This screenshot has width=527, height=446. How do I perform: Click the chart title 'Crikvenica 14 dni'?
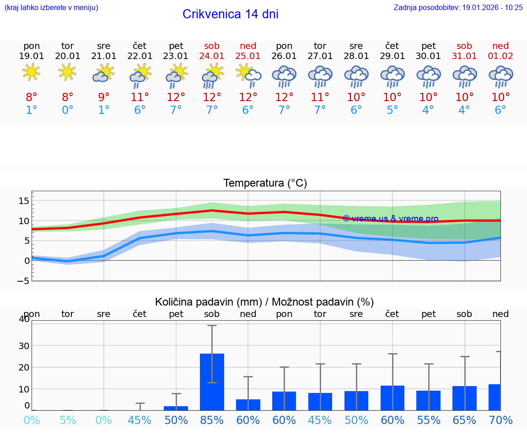tap(230, 14)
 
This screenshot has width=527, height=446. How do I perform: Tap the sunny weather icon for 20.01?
tap(67, 72)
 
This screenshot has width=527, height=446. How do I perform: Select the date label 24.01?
tap(212, 56)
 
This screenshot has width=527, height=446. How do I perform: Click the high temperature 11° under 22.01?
tap(140, 97)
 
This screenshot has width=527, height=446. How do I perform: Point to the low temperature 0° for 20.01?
tap(67, 110)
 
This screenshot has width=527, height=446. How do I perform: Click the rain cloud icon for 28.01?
tap(356, 76)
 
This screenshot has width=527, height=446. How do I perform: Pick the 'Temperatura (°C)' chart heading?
tap(265, 183)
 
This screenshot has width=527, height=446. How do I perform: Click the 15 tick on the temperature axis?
tap(24, 201)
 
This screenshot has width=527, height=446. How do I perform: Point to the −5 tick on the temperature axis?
tap(23, 281)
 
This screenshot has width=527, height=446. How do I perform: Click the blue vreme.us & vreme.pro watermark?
tap(390, 219)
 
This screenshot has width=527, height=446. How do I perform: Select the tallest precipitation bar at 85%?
tap(212, 382)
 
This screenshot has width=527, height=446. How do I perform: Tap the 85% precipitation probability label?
tap(212, 420)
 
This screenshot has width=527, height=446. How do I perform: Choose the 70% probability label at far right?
tap(500, 420)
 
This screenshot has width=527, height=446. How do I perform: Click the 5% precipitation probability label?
tap(68, 420)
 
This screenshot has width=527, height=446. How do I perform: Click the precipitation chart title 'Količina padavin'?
tap(264, 302)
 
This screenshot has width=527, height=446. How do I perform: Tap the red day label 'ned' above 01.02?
tap(500, 46)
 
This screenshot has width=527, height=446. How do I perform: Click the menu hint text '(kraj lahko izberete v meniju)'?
tap(51, 7)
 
